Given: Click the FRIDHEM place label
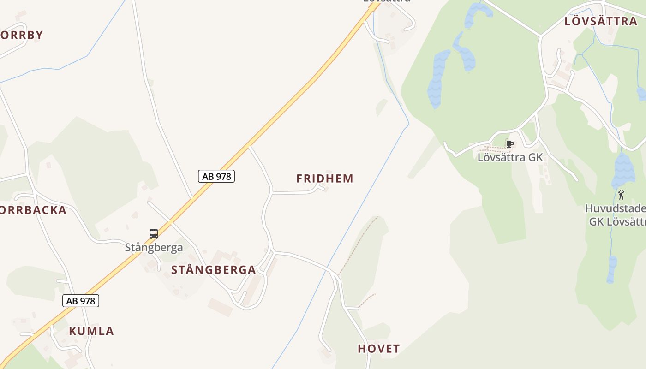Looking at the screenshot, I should [x=325, y=179].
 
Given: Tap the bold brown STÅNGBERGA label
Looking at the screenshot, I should [x=213, y=270].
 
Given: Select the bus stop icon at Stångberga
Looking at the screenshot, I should [x=154, y=234].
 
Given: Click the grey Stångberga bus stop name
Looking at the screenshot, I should [x=154, y=247].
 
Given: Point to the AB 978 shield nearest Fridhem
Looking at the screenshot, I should [x=216, y=176].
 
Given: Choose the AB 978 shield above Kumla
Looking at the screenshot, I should [x=81, y=301].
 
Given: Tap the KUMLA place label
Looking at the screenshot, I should [x=91, y=331].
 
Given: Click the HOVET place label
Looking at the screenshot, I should [x=379, y=349].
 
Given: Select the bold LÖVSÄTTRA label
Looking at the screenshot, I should [x=601, y=21].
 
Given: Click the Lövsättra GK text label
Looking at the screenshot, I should [x=510, y=157].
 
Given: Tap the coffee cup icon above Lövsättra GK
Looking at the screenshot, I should [x=509, y=144].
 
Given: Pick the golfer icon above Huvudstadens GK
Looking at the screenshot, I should [x=621, y=195].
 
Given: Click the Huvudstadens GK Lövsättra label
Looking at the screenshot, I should [x=616, y=215].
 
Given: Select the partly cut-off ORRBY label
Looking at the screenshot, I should [x=22, y=35].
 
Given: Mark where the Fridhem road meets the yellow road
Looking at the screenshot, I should [x=249, y=147].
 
